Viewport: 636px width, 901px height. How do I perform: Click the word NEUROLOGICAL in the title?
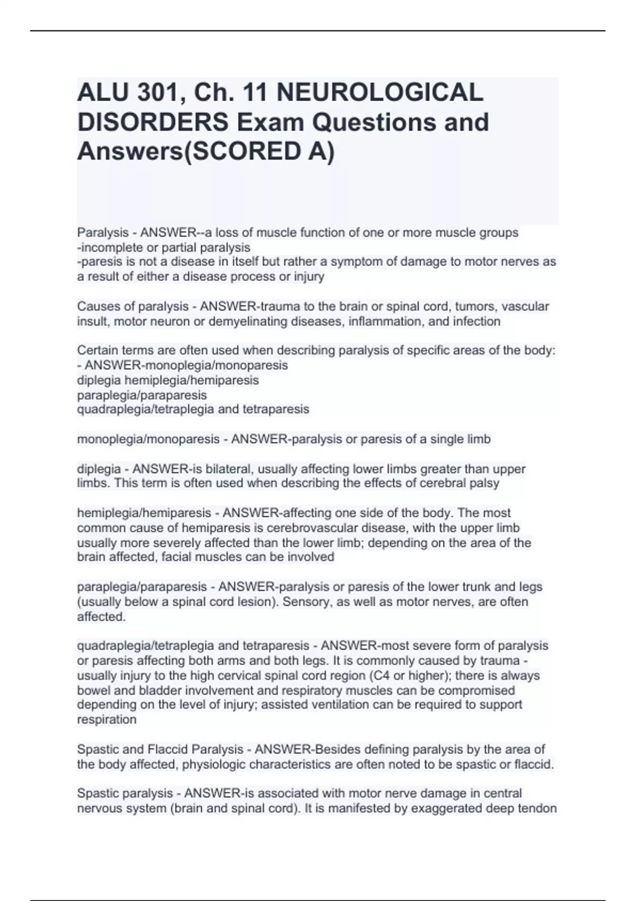(x=379, y=93)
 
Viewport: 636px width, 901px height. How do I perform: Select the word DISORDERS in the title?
(x=153, y=122)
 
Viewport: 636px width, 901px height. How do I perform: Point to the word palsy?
(x=485, y=483)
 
